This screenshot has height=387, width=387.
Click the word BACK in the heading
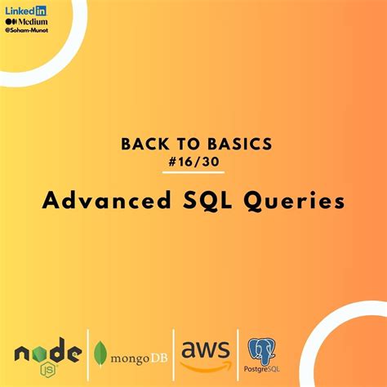142,144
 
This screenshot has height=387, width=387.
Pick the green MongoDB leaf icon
100,353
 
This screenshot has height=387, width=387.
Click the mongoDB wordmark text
136,355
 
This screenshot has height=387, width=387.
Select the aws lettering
204,349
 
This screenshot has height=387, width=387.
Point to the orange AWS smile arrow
205,364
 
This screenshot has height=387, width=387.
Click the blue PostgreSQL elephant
260,349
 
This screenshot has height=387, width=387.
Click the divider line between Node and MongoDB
88,353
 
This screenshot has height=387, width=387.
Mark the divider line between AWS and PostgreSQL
238,353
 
